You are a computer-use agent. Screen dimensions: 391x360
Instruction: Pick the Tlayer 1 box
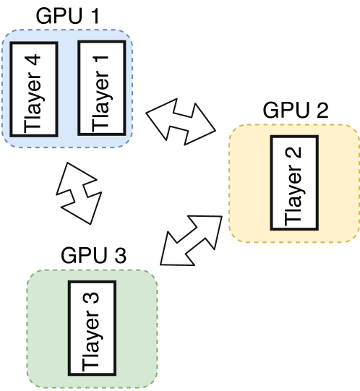(x=101, y=86)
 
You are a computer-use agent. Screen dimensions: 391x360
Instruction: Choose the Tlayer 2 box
(x=295, y=181)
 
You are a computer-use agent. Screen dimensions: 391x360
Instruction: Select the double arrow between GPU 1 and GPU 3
(x=79, y=190)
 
